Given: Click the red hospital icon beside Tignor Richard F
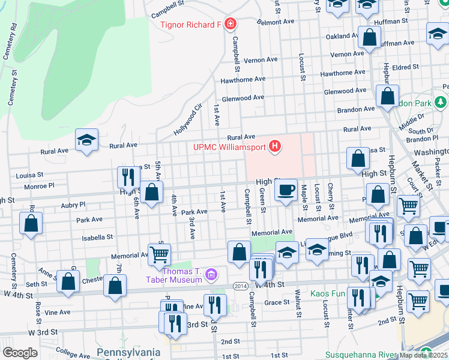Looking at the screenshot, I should coord(231,25).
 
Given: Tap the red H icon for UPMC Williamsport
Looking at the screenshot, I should coord(275,146).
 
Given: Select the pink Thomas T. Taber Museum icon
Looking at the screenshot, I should coord(211,275).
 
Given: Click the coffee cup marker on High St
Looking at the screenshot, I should coord(286,190).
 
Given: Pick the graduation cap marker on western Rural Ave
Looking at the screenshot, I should coord(87,141).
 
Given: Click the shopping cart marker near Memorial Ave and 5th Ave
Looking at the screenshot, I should coord(159,254).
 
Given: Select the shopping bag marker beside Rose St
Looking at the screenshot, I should coord(31,223).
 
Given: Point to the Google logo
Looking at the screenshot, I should coord(20,353).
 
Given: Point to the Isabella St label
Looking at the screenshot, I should coord(98,237).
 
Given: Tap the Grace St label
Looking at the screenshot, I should coord(277,302).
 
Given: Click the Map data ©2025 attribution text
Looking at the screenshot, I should coord(424,355).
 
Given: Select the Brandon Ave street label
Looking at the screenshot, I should coord(356,109).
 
